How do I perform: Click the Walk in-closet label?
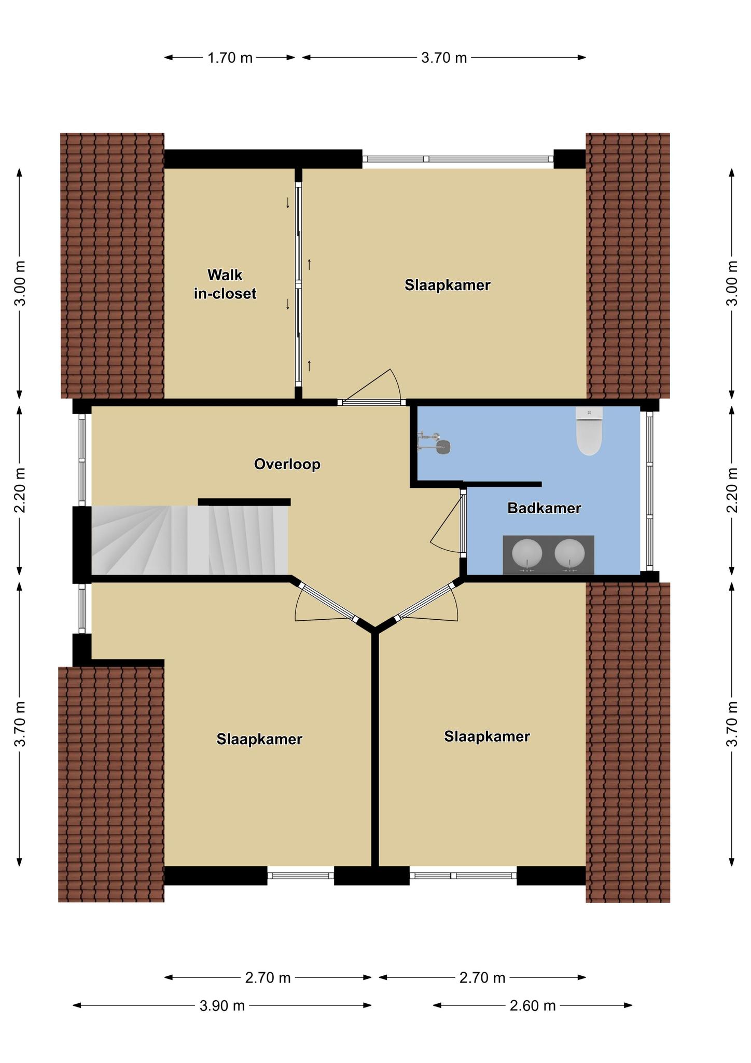click(225, 284)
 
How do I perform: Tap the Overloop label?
click(287, 464)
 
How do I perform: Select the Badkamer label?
click(544, 508)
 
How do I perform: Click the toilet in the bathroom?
click(589, 431)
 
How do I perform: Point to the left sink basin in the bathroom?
click(527, 554)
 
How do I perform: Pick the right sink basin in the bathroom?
click(569, 554)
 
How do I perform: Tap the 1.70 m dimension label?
click(230, 58)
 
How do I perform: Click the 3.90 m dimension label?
click(222, 1006)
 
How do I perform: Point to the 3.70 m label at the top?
click(444, 58)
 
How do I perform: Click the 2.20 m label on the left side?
click(20, 490)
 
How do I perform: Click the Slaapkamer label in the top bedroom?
click(448, 285)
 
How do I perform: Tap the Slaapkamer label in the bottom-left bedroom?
click(259, 739)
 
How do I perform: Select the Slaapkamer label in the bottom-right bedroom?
click(487, 736)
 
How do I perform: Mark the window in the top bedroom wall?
click(458, 159)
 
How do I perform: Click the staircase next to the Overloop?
click(190, 540)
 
